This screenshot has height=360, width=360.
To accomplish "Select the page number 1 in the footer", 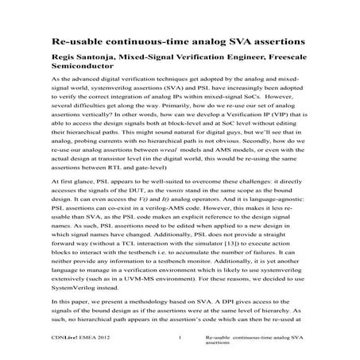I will (181, 340).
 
